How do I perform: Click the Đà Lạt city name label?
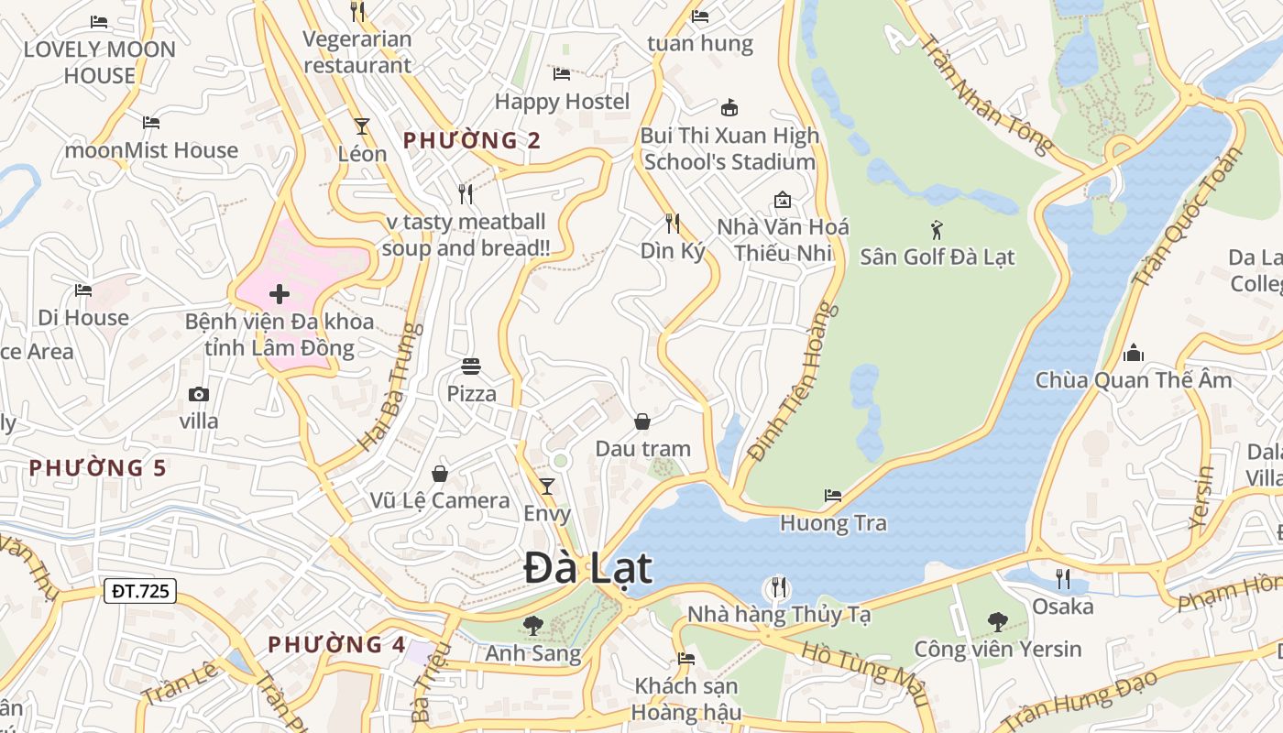coord(587,569)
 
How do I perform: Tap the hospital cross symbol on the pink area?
coord(280,294)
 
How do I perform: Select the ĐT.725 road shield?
coord(139,591)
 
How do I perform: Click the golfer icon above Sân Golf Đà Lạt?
coord(936,229)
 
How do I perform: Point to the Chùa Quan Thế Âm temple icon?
coord(1134,353)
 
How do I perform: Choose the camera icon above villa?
coord(198,394)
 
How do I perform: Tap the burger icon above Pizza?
coord(471,366)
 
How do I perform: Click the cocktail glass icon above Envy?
coord(547,486)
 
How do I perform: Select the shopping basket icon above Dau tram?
coord(642,421)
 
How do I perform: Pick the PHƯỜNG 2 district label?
coord(472,141)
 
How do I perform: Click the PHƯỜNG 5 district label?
coord(97,468)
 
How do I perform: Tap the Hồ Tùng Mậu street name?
coord(864,674)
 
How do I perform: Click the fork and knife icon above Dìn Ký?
coord(673,223)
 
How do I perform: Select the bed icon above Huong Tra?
coord(832,496)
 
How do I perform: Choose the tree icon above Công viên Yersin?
coord(997,622)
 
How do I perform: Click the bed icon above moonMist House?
coord(151,122)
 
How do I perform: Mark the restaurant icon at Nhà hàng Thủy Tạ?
coord(779,586)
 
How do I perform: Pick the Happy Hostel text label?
coord(562,102)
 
